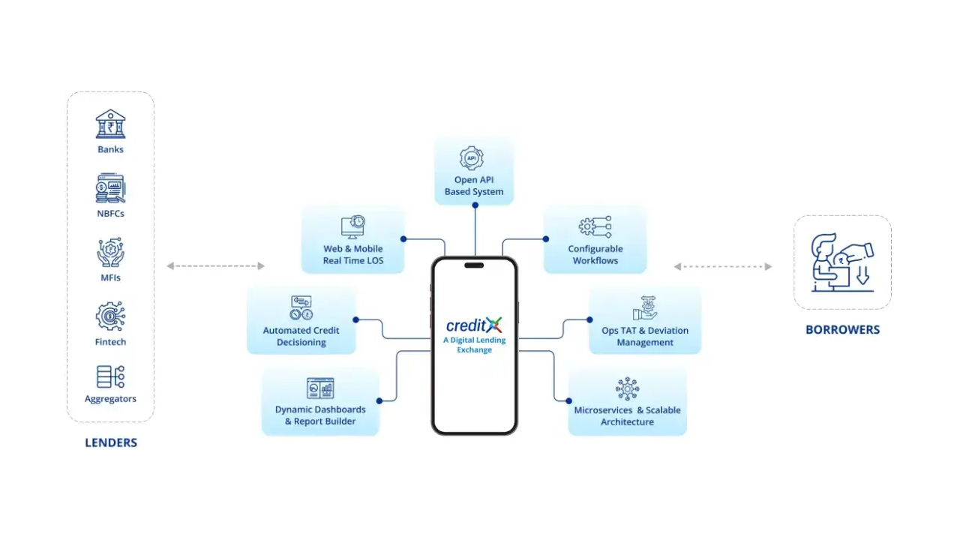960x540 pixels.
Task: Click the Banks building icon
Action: point(110,124)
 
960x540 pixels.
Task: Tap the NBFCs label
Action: point(110,214)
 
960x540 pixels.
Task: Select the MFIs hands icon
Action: point(110,253)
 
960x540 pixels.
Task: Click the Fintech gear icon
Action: point(110,316)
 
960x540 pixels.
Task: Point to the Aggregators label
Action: point(110,399)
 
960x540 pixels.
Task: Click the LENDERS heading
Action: point(111,442)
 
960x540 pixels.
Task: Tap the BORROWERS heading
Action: point(842,329)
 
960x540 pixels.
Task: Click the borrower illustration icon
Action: point(842,262)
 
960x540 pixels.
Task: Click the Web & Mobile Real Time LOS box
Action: point(353,240)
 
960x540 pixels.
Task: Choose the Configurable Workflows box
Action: point(595,240)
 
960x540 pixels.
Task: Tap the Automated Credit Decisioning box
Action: point(301,320)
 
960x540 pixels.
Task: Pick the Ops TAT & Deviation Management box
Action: point(645,320)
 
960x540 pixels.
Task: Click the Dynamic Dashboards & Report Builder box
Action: point(320,401)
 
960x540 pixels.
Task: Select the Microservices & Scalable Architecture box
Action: point(627,401)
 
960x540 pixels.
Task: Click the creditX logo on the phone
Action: point(474,325)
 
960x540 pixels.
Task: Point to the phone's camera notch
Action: point(474,265)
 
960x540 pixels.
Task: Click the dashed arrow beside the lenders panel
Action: point(215,266)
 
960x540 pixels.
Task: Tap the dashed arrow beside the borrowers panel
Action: point(722,266)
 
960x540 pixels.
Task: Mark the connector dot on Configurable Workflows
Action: point(546,239)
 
